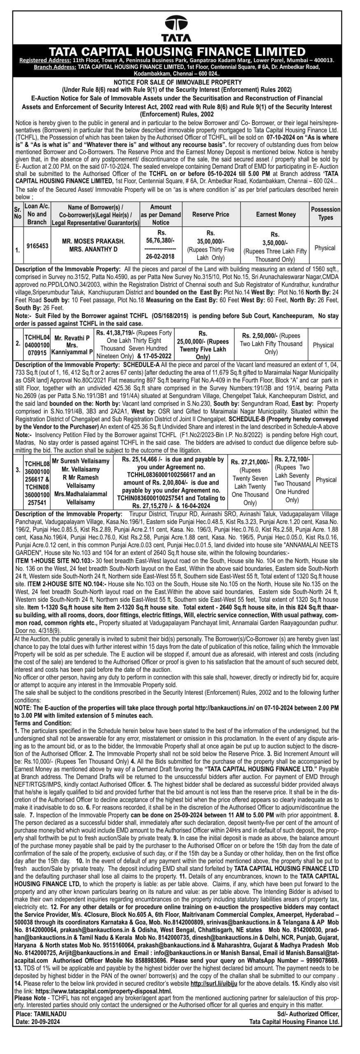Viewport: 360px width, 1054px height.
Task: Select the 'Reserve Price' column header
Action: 210,215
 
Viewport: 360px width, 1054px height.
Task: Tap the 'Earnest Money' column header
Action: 276,215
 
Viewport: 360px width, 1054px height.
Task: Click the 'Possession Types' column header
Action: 325,213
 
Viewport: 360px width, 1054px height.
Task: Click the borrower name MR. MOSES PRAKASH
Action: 93,241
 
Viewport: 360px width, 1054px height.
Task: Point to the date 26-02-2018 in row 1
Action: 160,257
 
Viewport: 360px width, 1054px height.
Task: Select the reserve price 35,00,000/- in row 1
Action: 210,241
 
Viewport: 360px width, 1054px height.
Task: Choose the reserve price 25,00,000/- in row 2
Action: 211,341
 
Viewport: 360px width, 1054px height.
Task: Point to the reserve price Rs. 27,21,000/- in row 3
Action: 250,462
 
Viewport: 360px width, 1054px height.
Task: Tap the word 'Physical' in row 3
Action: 326,480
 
